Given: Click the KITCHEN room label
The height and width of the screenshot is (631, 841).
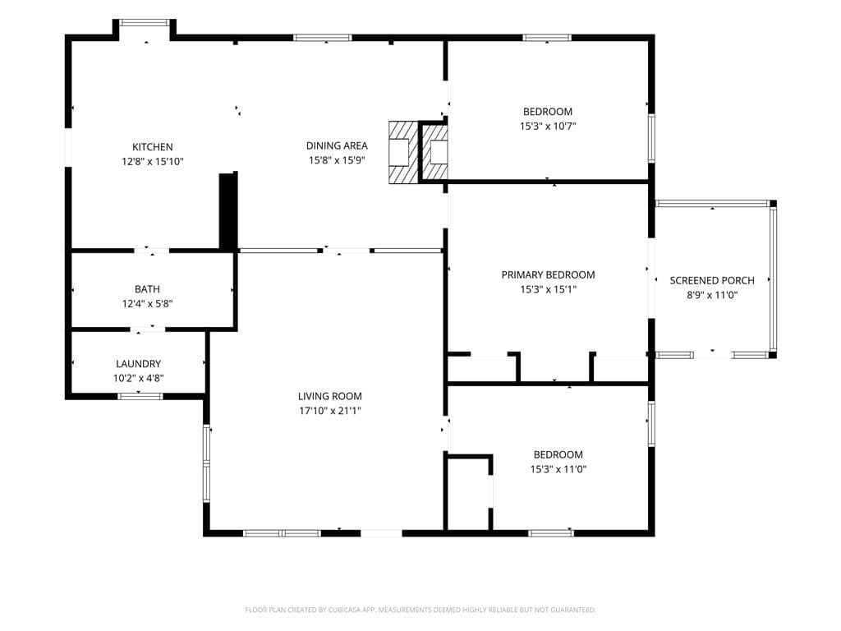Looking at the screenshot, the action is point(152,147).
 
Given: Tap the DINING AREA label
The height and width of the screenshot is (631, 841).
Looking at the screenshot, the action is point(337,145).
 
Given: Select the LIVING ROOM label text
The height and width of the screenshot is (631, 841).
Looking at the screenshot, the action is point(330,396).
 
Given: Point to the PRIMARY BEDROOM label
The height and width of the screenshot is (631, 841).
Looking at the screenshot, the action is point(548,274).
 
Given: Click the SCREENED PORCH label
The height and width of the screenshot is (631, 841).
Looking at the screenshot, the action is point(712,280).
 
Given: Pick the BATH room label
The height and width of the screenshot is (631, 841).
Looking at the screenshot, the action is point(147,289).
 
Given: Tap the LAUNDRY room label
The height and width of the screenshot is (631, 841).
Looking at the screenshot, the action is point(138,364).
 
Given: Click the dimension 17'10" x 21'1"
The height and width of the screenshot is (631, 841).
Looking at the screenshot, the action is point(330,411).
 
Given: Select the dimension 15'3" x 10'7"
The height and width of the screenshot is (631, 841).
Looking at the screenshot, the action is point(548,127).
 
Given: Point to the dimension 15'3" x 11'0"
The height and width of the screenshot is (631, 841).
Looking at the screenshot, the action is point(558,469).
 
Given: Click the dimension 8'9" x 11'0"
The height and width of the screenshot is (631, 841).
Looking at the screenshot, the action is point(712,295).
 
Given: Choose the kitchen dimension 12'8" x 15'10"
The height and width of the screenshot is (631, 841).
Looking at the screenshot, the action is point(152,162).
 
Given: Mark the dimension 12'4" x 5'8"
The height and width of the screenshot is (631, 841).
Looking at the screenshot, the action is point(147,304).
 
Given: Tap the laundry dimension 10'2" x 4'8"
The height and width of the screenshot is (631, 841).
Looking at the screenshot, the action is point(138,378).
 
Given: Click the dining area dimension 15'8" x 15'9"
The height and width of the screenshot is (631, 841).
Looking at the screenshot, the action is point(337,160).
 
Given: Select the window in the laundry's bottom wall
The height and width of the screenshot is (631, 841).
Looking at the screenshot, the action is point(140,397).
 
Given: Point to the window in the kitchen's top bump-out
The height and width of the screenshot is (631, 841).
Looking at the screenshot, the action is point(144,23).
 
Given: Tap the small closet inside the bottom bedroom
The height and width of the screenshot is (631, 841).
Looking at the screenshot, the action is point(468,494).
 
